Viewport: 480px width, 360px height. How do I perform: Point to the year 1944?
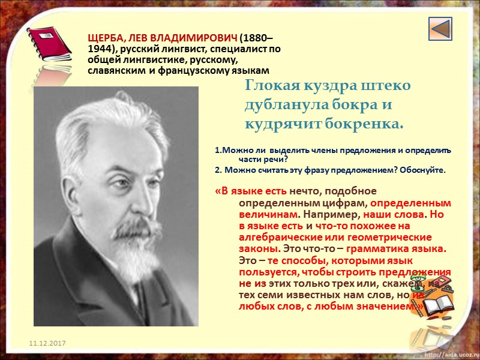point(100,49)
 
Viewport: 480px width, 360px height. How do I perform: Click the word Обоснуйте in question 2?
point(423,170)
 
